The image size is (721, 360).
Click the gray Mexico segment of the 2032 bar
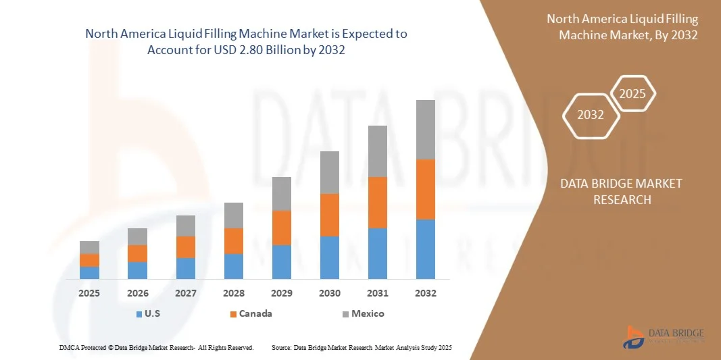click(x=425, y=130)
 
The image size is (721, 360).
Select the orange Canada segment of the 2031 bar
click(x=377, y=203)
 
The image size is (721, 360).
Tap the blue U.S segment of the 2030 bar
click(x=329, y=257)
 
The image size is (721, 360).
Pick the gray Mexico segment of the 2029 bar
click(x=281, y=194)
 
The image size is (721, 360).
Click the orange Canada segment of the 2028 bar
click(x=233, y=241)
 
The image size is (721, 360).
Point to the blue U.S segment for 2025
click(x=89, y=273)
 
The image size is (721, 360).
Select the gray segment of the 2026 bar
click(x=137, y=236)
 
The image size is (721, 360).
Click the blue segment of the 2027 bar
click(x=185, y=268)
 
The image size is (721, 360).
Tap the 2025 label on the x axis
click(x=89, y=293)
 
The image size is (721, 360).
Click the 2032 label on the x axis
click(x=425, y=293)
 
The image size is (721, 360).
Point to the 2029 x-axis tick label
click(x=281, y=293)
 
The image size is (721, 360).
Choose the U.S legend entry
click(x=149, y=313)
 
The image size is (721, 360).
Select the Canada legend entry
click(x=251, y=313)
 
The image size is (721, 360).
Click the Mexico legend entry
click(x=363, y=313)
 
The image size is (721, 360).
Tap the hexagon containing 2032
click(x=591, y=115)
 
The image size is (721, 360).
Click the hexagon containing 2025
click(x=632, y=94)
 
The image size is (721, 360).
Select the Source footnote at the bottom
click(x=361, y=347)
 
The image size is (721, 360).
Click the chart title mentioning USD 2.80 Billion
click(x=247, y=42)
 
